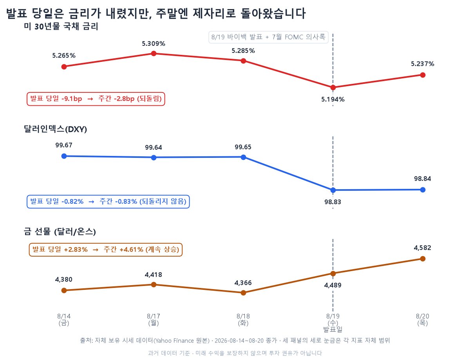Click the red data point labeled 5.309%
154,53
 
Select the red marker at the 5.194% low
333,87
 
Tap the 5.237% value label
423,64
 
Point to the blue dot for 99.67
64,156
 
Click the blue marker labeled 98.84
423,190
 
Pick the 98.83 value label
333,202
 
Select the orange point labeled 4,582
423,259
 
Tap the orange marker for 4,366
243,293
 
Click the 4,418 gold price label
154,275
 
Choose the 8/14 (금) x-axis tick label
64,319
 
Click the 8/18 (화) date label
243,319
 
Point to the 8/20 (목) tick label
423,319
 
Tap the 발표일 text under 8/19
333,329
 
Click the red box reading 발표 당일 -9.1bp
96,99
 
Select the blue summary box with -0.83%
108,201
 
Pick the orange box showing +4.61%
106,250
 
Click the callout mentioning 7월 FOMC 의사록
268,37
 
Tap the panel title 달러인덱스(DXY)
55,129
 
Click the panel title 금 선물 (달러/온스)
60,232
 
